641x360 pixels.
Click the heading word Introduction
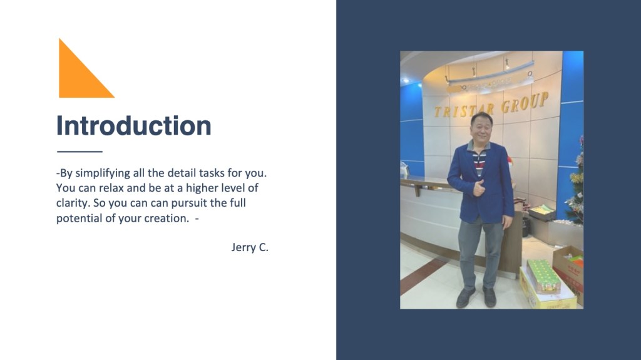(x=134, y=125)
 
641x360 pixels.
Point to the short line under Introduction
(x=79, y=152)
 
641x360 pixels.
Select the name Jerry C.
(x=250, y=247)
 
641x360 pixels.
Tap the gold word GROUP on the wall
(x=525, y=103)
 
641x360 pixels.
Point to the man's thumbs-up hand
(x=479, y=188)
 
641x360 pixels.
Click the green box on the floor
(x=543, y=276)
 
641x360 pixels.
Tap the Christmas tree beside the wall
(x=575, y=184)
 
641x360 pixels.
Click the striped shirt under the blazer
(x=479, y=161)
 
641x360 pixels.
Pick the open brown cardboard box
(x=569, y=270)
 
